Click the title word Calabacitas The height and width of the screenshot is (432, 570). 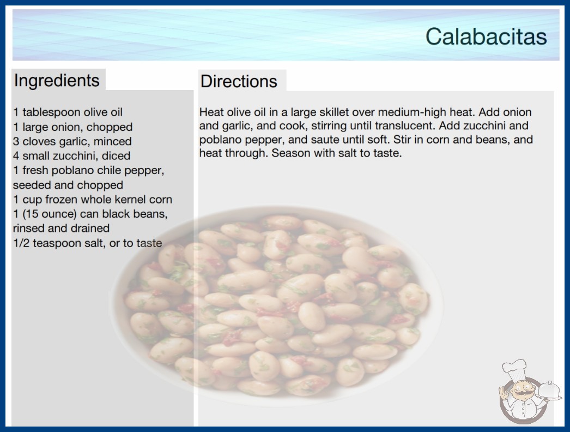pyautogui.click(x=486, y=37)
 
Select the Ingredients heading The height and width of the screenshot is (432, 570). pyautogui.click(x=57, y=81)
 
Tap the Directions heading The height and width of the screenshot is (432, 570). pyautogui.click(x=239, y=81)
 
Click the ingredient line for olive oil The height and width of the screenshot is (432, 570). pyautogui.click(x=68, y=112)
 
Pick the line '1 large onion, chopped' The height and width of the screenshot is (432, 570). pyautogui.click(x=72, y=127)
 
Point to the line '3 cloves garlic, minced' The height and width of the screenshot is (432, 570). pyautogui.click(x=72, y=141)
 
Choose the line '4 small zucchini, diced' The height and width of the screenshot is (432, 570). pyautogui.click(x=71, y=156)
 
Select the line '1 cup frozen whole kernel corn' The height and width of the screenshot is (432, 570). pyautogui.click(x=93, y=200)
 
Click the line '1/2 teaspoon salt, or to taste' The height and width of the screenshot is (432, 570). pyautogui.click(x=88, y=243)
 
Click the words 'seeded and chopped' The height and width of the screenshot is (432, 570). pyautogui.click(x=68, y=185)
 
